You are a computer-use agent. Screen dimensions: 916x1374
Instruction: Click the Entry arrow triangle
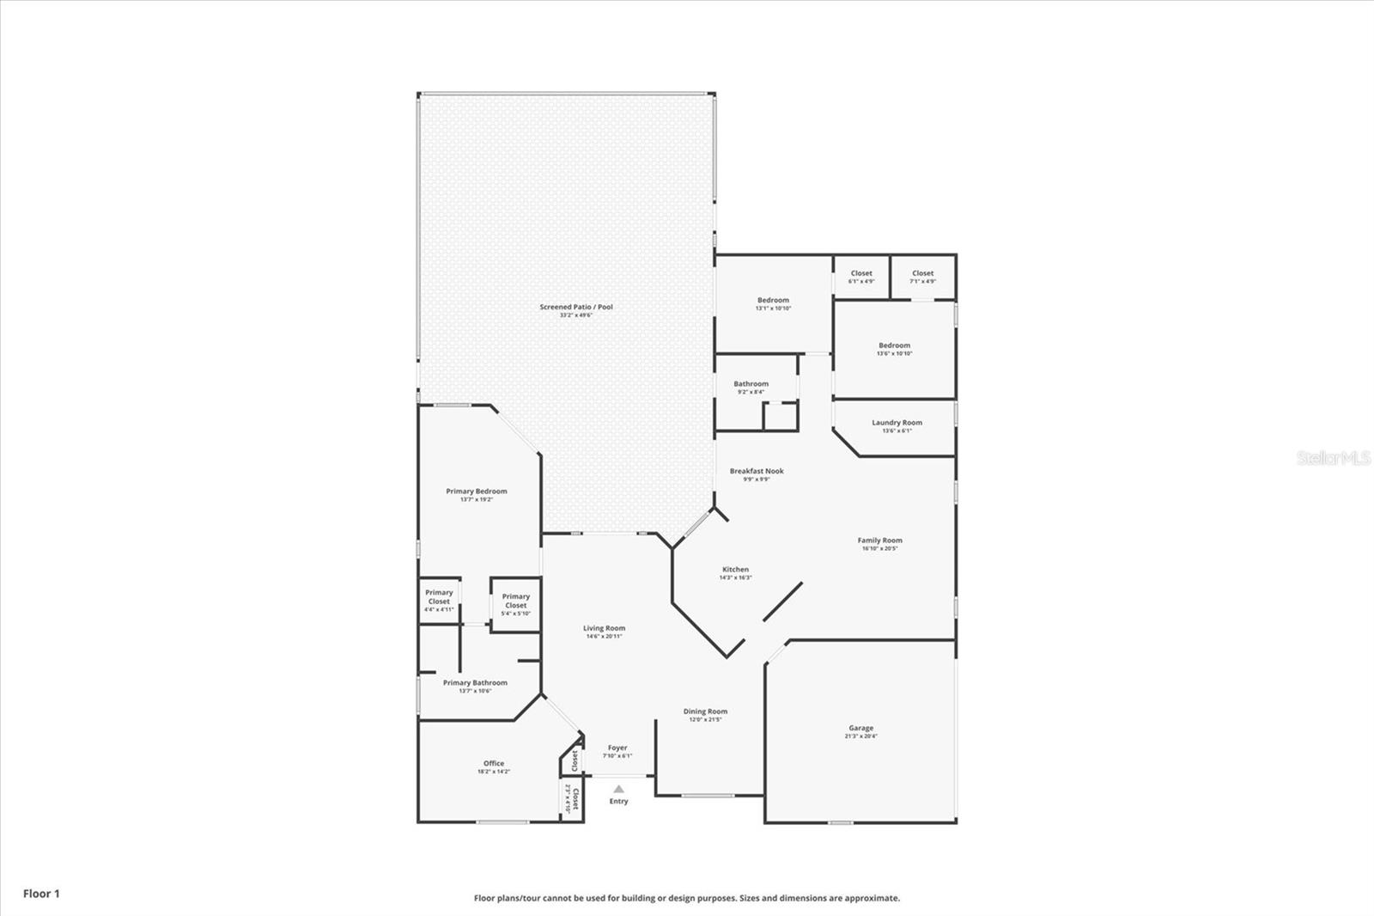pyautogui.click(x=618, y=789)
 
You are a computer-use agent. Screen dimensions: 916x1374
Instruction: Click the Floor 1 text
pyautogui.click(x=41, y=894)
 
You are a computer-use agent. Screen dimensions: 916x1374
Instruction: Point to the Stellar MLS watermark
pyautogui.click(x=1333, y=458)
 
